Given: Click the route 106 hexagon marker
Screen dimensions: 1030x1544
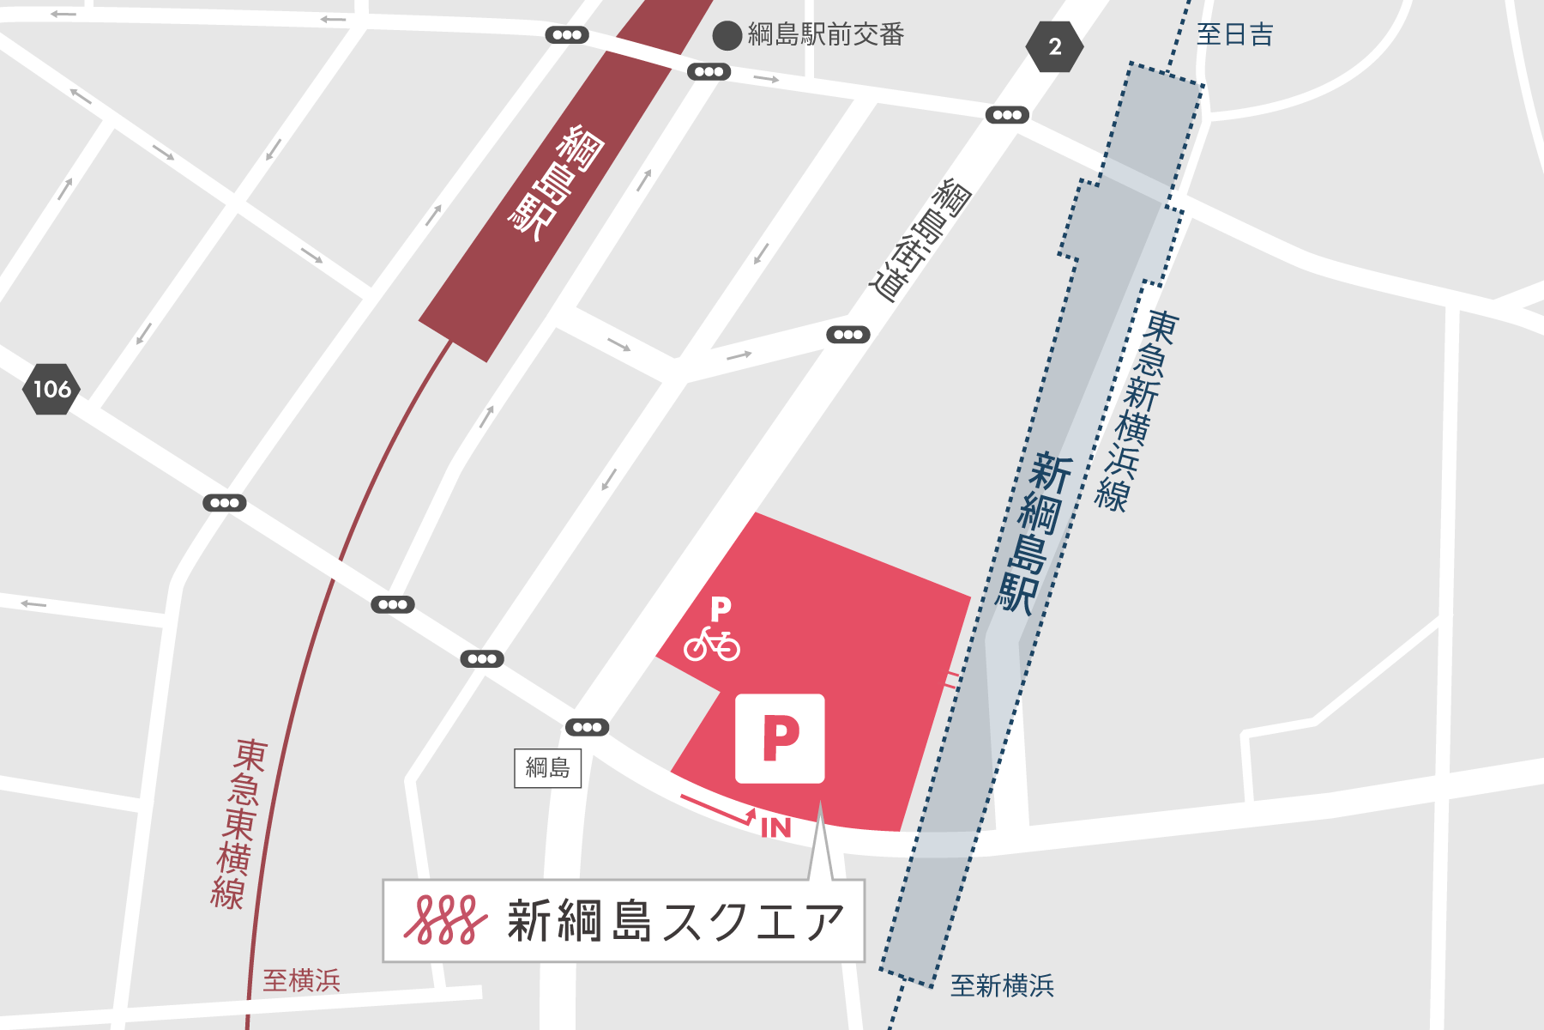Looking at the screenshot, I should tap(51, 390).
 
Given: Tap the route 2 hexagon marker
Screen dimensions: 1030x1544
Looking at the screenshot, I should tap(1054, 46).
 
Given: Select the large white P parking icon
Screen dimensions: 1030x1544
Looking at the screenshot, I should tap(780, 738).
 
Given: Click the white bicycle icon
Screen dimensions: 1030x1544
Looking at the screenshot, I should tap(712, 644).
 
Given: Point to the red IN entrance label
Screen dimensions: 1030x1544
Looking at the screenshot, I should tap(775, 827).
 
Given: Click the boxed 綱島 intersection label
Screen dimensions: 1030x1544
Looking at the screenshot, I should tap(547, 767).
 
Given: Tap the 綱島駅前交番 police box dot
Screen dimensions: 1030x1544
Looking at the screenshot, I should tap(727, 35).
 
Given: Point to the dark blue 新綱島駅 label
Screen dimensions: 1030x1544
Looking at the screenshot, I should tap(1033, 532).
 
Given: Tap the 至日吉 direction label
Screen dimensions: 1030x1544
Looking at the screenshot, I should tap(1234, 34).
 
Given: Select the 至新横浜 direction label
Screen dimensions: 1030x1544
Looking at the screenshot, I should tap(1002, 985).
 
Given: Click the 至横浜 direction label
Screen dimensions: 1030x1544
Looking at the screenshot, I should tap(301, 980).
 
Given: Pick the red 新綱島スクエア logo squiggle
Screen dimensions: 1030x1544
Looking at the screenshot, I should tap(445, 921).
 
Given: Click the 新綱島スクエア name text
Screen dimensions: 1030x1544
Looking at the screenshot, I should tap(676, 921).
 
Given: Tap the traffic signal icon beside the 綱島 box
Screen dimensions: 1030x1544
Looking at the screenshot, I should tap(588, 727).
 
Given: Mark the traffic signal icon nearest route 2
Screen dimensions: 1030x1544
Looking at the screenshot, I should tap(1007, 115).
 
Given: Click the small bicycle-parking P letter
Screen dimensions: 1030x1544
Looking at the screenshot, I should tap(721, 609).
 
